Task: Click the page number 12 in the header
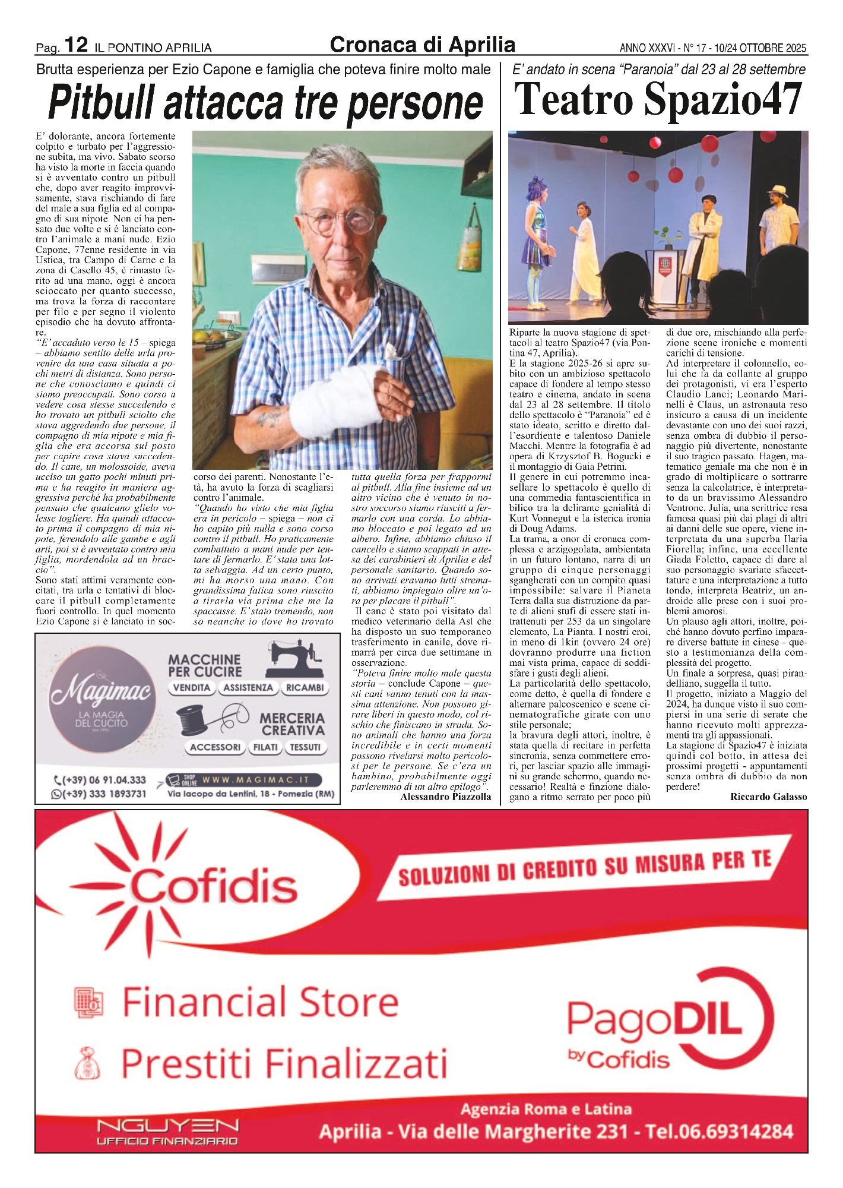(76, 45)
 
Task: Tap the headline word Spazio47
(723, 100)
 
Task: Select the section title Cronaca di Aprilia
(422, 45)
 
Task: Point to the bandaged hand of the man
(337, 403)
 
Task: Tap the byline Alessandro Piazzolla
(445, 797)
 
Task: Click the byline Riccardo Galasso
(768, 797)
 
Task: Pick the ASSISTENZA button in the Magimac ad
(248, 688)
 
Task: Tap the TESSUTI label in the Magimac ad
(305, 747)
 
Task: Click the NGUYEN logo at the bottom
(167, 1126)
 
